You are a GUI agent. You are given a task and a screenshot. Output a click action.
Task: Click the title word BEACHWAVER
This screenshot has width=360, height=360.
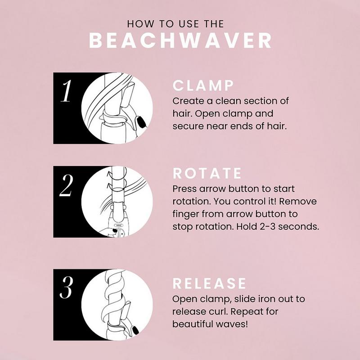pos(180,40)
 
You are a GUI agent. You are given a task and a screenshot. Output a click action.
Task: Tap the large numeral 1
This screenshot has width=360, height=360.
pos(67,92)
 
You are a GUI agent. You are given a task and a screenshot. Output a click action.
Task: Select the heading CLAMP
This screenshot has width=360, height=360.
pos(203,85)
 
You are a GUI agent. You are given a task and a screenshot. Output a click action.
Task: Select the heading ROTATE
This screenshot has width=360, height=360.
pos(207,174)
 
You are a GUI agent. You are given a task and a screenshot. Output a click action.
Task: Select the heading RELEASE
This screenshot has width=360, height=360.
pos(210,283)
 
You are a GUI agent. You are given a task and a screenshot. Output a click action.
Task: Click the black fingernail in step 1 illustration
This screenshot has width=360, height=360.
pos(140,120)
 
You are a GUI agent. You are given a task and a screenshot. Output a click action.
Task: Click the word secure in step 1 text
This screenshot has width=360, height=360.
pos(186,126)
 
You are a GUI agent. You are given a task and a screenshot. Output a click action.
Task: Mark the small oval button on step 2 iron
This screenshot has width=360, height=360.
pos(119,226)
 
